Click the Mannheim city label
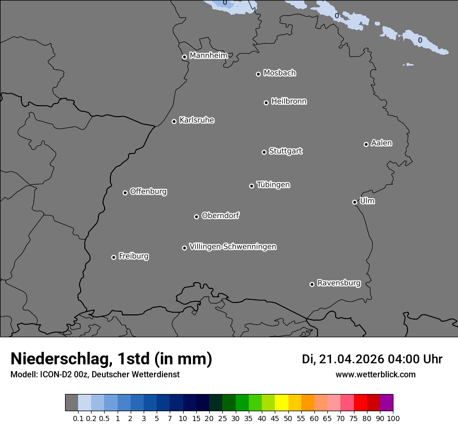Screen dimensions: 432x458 [x=208, y=56]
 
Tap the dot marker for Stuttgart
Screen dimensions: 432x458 [x=264, y=152]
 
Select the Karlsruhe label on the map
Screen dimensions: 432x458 [x=197, y=120]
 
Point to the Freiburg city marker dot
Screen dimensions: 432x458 [x=113, y=257]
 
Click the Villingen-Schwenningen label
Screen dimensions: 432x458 [x=233, y=247]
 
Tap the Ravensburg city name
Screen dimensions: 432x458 [x=339, y=283]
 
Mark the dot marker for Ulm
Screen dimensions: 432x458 [x=354, y=202]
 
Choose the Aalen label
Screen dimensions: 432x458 [x=381, y=143]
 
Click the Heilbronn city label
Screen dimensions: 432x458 [x=289, y=101]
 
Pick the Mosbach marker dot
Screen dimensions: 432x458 [x=258, y=74]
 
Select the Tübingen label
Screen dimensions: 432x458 [x=273, y=185]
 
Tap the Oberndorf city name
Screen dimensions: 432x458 [x=221, y=215]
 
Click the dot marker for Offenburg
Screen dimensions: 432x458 [x=125, y=193]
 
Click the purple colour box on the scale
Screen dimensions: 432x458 [x=387, y=403]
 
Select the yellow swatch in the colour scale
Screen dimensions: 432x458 [x=281, y=403]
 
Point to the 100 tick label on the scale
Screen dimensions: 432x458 [x=393, y=418]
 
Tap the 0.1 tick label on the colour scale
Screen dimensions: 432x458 [x=78, y=418]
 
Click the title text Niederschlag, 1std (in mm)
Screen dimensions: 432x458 [x=111, y=359]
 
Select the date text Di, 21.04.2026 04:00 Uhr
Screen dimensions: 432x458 [x=372, y=359]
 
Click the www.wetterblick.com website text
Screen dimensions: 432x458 [x=375, y=374]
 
